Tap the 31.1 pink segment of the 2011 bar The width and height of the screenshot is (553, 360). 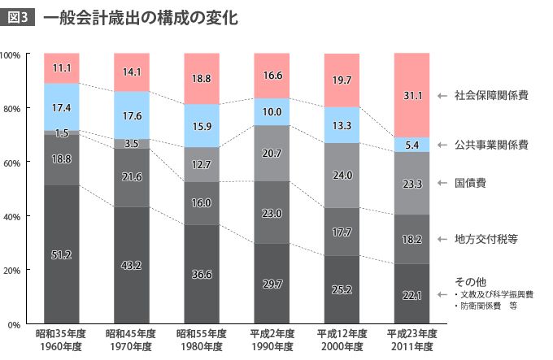coord(411,95)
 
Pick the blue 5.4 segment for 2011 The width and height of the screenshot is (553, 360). coord(411,145)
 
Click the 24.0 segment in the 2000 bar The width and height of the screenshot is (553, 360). coord(342,175)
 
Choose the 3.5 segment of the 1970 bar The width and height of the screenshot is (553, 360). coord(131,144)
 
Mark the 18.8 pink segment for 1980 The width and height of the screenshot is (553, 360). coord(201,79)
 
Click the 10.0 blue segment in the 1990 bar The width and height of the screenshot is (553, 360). coord(272,111)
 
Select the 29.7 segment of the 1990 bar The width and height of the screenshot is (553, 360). coord(272,283)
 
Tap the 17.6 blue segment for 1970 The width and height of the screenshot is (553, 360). coord(131,115)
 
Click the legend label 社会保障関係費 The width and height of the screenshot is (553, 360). coord(491,95)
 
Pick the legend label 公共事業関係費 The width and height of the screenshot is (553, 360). coord(491,145)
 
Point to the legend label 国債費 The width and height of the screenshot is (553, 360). coord(471,184)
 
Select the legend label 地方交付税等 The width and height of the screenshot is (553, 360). coord(486,239)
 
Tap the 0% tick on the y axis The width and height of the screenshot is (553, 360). coord(15,324)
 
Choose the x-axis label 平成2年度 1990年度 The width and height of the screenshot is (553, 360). coord(272,340)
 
